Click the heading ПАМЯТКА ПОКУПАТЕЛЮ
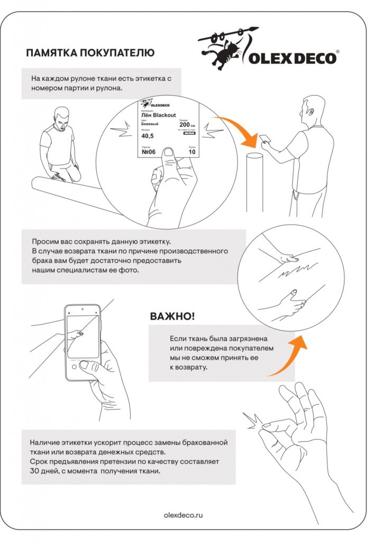[x=90, y=53]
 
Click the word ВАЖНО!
[x=172, y=316]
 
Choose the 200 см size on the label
[x=187, y=125]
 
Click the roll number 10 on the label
[x=191, y=152]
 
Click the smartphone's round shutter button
[x=84, y=364]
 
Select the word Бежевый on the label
[x=150, y=123]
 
